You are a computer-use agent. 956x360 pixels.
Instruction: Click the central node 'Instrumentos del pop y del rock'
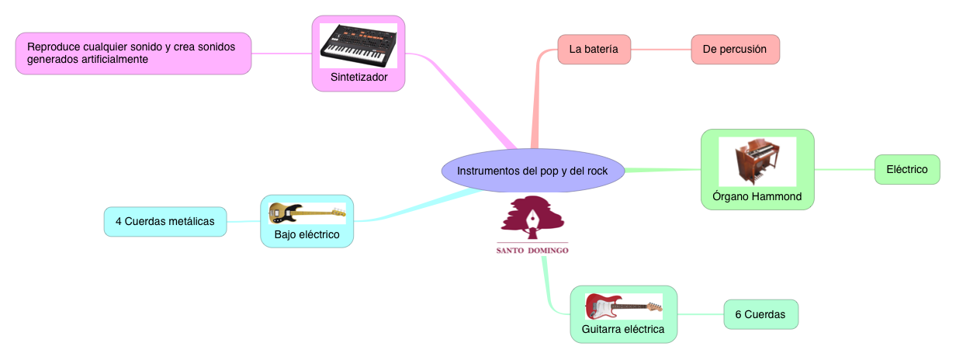pyautogui.click(x=532, y=170)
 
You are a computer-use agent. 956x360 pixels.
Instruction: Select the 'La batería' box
pyautogui.click(x=594, y=49)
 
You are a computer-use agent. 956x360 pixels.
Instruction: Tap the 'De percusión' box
pyautogui.click(x=735, y=50)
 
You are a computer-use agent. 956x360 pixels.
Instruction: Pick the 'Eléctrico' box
pyautogui.click(x=907, y=169)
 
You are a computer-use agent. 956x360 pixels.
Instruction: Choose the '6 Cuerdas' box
pyautogui.click(x=760, y=314)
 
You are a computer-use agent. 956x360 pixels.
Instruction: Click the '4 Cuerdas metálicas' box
pyautogui.click(x=165, y=221)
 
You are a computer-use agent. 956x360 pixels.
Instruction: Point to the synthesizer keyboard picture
pyautogui.click(x=358, y=45)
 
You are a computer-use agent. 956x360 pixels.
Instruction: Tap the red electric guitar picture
pyautogui.click(x=623, y=306)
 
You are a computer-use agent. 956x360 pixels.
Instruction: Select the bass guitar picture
pyautogui.click(x=307, y=213)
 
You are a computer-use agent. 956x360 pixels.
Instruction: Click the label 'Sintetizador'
pyautogui.click(x=358, y=78)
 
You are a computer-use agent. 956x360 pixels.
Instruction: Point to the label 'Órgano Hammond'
pyautogui.click(x=757, y=196)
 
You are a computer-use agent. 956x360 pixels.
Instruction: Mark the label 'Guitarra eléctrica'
pyautogui.click(x=623, y=329)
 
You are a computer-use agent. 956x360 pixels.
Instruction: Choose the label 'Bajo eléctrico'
pyautogui.click(x=307, y=234)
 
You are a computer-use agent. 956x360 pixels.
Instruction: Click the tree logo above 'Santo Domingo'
pyautogui.click(x=532, y=219)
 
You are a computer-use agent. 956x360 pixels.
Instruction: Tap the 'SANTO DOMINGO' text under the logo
pyautogui.click(x=532, y=251)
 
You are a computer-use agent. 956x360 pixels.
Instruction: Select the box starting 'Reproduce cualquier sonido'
pyautogui.click(x=133, y=53)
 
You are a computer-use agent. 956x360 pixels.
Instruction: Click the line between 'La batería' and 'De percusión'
pyautogui.click(x=660, y=50)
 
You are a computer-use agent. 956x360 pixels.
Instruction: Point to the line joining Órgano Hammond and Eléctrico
pyautogui.click(x=844, y=169)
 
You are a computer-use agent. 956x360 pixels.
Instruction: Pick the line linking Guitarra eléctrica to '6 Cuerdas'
pyautogui.click(x=700, y=314)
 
